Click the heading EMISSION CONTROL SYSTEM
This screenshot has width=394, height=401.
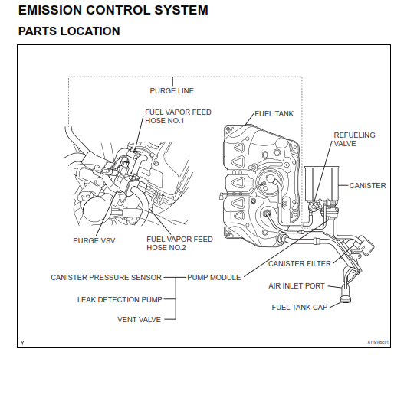pyautogui.click(x=113, y=11)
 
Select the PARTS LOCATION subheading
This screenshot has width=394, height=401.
pyautogui.click(x=69, y=31)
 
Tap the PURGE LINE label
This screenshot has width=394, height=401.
pyautogui.click(x=172, y=91)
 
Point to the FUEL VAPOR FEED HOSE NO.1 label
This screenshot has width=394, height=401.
pyautogui.click(x=178, y=116)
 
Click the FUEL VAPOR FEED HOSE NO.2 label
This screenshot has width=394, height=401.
pyautogui.click(x=179, y=243)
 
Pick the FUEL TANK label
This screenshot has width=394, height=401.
pyautogui.click(x=273, y=113)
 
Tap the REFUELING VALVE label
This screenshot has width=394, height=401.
pyautogui.click(x=354, y=139)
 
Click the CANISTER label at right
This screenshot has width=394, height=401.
pyautogui.click(x=367, y=185)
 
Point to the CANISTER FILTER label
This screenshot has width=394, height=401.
pyautogui.click(x=299, y=263)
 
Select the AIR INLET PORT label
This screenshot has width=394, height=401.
pyautogui.click(x=295, y=285)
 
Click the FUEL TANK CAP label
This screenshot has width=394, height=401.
pyautogui.click(x=299, y=307)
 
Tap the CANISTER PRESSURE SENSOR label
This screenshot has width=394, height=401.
pyautogui.click(x=107, y=277)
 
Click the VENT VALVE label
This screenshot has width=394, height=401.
pyautogui.click(x=139, y=319)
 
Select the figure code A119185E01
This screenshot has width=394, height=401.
pyautogui.click(x=377, y=342)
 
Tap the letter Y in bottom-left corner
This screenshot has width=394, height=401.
pyautogui.click(x=22, y=342)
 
